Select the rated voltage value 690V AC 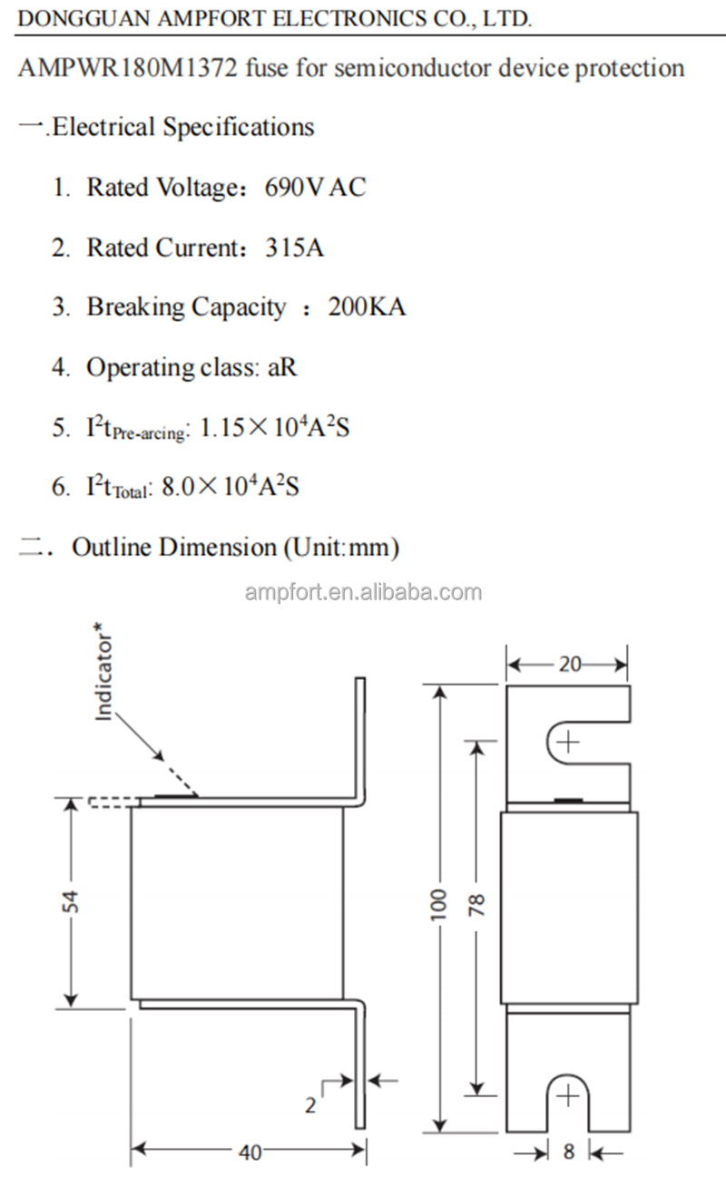pyautogui.click(x=315, y=188)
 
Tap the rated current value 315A pyautogui.click(x=294, y=248)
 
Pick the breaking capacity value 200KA pyautogui.click(x=367, y=307)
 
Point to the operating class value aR pyautogui.click(x=281, y=367)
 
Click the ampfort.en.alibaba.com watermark pyautogui.click(x=363, y=593)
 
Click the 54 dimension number pyautogui.click(x=72, y=901)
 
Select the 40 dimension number pyautogui.click(x=250, y=1152)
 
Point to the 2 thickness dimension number pyautogui.click(x=310, y=1105)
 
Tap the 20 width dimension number pyautogui.click(x=569, y=665)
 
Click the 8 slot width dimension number pyautogui.click(x=569, y=1152)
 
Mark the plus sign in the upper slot pyautogui.click(x=568, y=743)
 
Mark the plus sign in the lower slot pyautogui.click(x=568, y=1096)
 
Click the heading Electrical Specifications pyautogui.click(x=182, y=127)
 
